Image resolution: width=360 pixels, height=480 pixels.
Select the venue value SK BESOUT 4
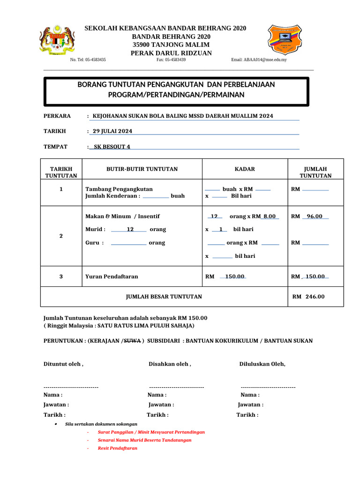[x=112, y=147]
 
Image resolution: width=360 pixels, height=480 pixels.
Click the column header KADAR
[x=245, y=169]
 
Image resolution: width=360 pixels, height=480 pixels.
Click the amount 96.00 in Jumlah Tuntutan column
[x=315, y=217]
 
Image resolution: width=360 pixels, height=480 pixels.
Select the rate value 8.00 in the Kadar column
[x=270, y=217]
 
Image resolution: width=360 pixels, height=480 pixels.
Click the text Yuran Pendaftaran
[x=112, y=277]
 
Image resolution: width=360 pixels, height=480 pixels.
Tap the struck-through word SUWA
[x=132, y=341]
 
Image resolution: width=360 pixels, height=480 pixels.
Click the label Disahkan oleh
[x=170, y=364]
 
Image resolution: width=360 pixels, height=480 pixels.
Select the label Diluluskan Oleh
[x=262, y=364]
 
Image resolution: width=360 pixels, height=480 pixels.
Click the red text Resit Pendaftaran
[x=117, y=448]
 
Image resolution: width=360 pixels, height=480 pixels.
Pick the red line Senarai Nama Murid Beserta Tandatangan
[x=144, y=440]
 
